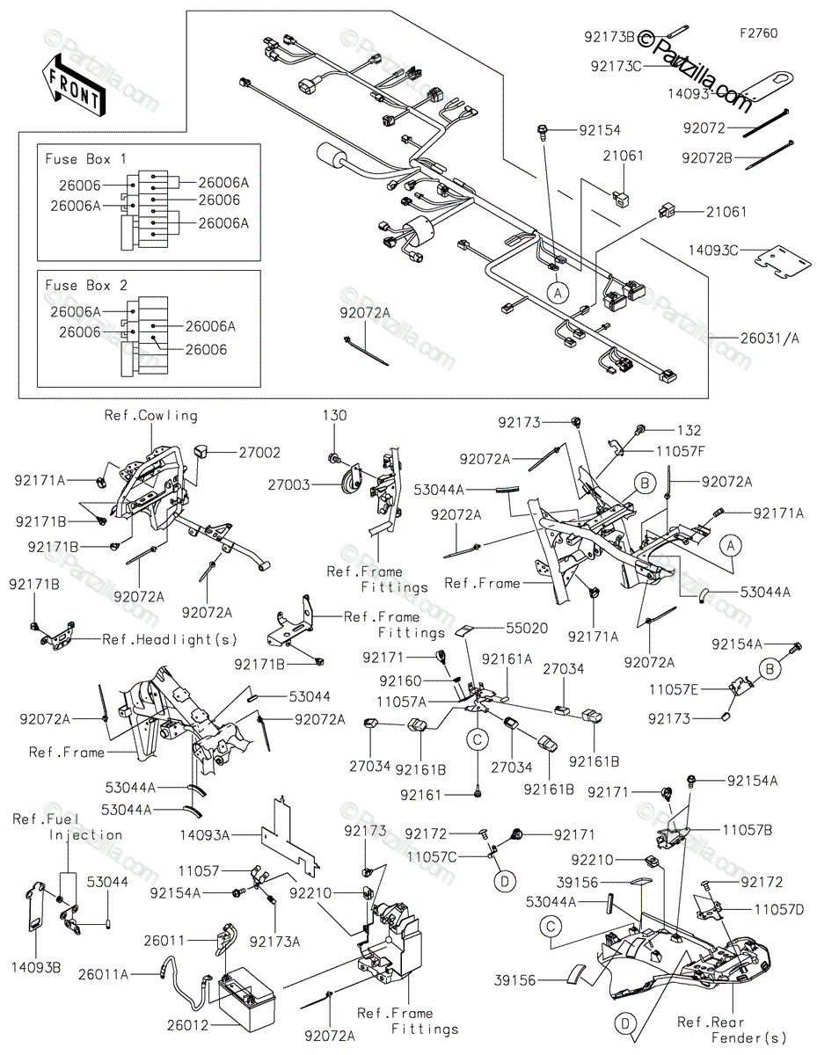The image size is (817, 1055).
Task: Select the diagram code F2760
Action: pos(758,33)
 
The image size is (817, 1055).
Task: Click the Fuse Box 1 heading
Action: pos(85,159)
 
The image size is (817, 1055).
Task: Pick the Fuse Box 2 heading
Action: pos(85,286)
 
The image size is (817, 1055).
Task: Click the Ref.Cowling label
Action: pos(150,416)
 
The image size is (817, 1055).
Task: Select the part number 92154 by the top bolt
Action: pos(599,130)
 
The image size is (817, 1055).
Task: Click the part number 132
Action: pos(689,431)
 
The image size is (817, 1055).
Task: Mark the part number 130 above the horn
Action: pos(334,414)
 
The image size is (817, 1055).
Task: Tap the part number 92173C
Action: pos(616,65)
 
